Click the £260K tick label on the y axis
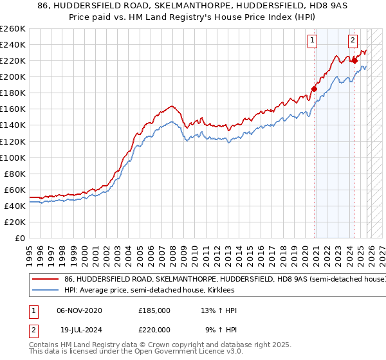13,29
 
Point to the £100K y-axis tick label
13,157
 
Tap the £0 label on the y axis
21,238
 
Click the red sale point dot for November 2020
315,89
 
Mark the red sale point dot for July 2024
354,60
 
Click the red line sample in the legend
45,280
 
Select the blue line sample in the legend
45,292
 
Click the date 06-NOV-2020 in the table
79,310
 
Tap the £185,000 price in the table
154,310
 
